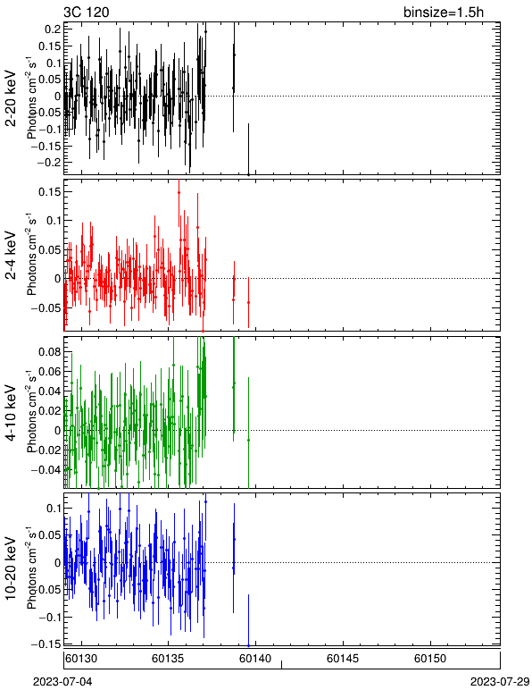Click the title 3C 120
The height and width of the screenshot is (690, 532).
point(86,12)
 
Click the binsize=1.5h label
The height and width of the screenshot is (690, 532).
point(444,12)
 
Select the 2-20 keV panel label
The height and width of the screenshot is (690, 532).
point(11,98)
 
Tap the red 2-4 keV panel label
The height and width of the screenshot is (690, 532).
point(11,257)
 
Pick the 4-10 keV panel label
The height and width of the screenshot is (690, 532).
point(11,413)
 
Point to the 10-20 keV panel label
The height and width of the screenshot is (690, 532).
point(11,568)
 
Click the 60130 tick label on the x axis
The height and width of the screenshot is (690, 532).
point(81,659)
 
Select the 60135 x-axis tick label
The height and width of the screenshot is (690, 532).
point(168,659)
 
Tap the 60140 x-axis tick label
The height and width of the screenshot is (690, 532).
point(255,659)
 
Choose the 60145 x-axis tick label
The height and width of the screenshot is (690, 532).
point(343,659)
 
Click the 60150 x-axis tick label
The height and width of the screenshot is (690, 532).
point(430,659)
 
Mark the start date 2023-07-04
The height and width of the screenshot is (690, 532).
point(62,682)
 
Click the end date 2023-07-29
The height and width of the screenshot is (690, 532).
point(500,682)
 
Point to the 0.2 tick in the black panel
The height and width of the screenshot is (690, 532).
point(53,29)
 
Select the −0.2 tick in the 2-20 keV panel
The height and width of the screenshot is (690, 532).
point(50,162)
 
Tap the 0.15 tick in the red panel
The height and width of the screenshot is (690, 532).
point(50,192)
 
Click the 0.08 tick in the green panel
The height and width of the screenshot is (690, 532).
point(50,351)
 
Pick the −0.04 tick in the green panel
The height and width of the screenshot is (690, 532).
point(46,469)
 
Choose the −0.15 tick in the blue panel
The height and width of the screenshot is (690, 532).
point(46,644)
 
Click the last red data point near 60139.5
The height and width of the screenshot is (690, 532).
point(249,302)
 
